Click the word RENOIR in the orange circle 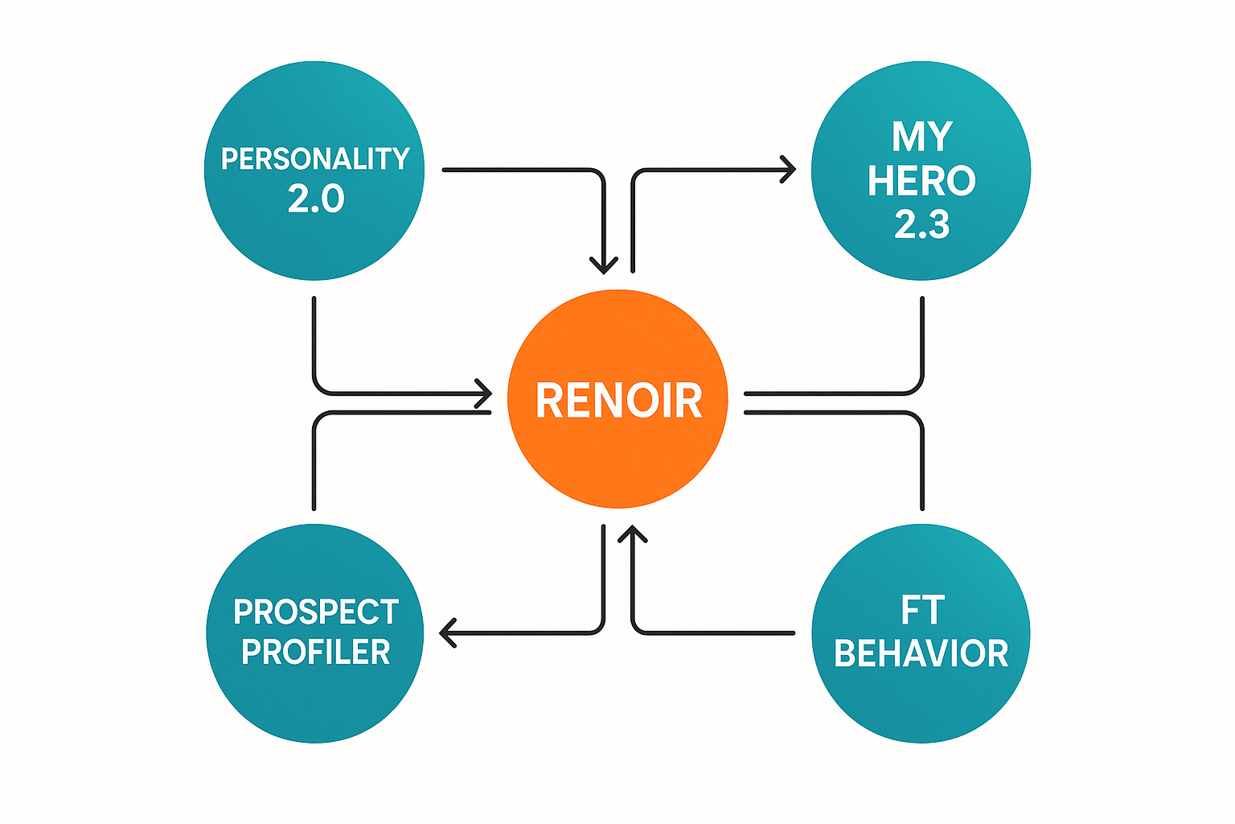pos(618,401)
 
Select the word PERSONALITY pos(315,159)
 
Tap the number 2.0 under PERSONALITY pos(316,199)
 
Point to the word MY pos(921,137)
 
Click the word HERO pos(921,181)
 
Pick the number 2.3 pos(921,225)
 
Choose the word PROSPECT pos(316,612)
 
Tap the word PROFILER pos(316,652)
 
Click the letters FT pos(921,611)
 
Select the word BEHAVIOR pos(921,653)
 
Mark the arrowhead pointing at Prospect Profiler pos(448,632)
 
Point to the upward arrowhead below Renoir pos(634,534)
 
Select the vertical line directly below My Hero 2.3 pos(921,338)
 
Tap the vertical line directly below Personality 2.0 pos(314,338)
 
